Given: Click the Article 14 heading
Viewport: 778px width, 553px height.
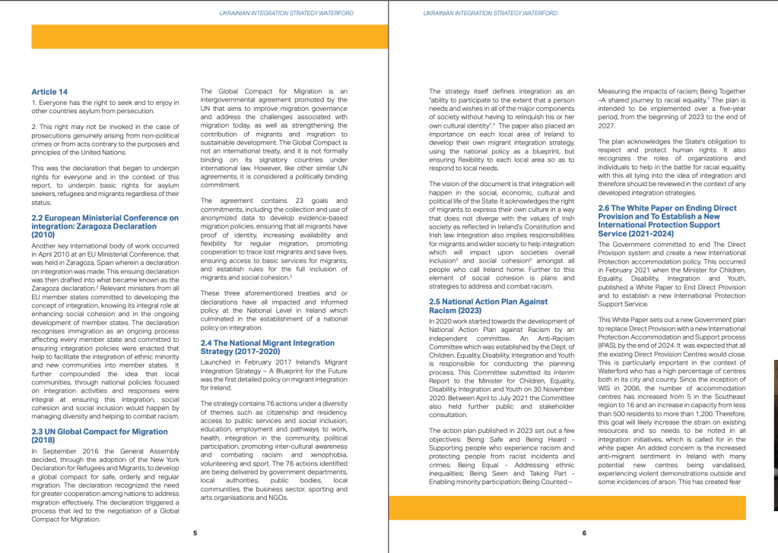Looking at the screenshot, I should pyautogui.click(x=49, y=92).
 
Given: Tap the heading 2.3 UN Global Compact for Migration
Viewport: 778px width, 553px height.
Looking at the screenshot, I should pyautogui.click(x=100, y=434).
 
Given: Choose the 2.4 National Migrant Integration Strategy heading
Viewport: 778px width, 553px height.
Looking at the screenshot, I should pyautogui.click(x=267, y=347).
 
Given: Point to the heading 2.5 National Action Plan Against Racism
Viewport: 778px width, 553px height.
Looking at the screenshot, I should pyautogui.click(x=487, y=305).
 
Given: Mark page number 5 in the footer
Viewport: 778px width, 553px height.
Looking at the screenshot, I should pyautogui.click(x=195, y=532).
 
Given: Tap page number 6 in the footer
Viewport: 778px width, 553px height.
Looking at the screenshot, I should pyautogui.click(x=583, y=532).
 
